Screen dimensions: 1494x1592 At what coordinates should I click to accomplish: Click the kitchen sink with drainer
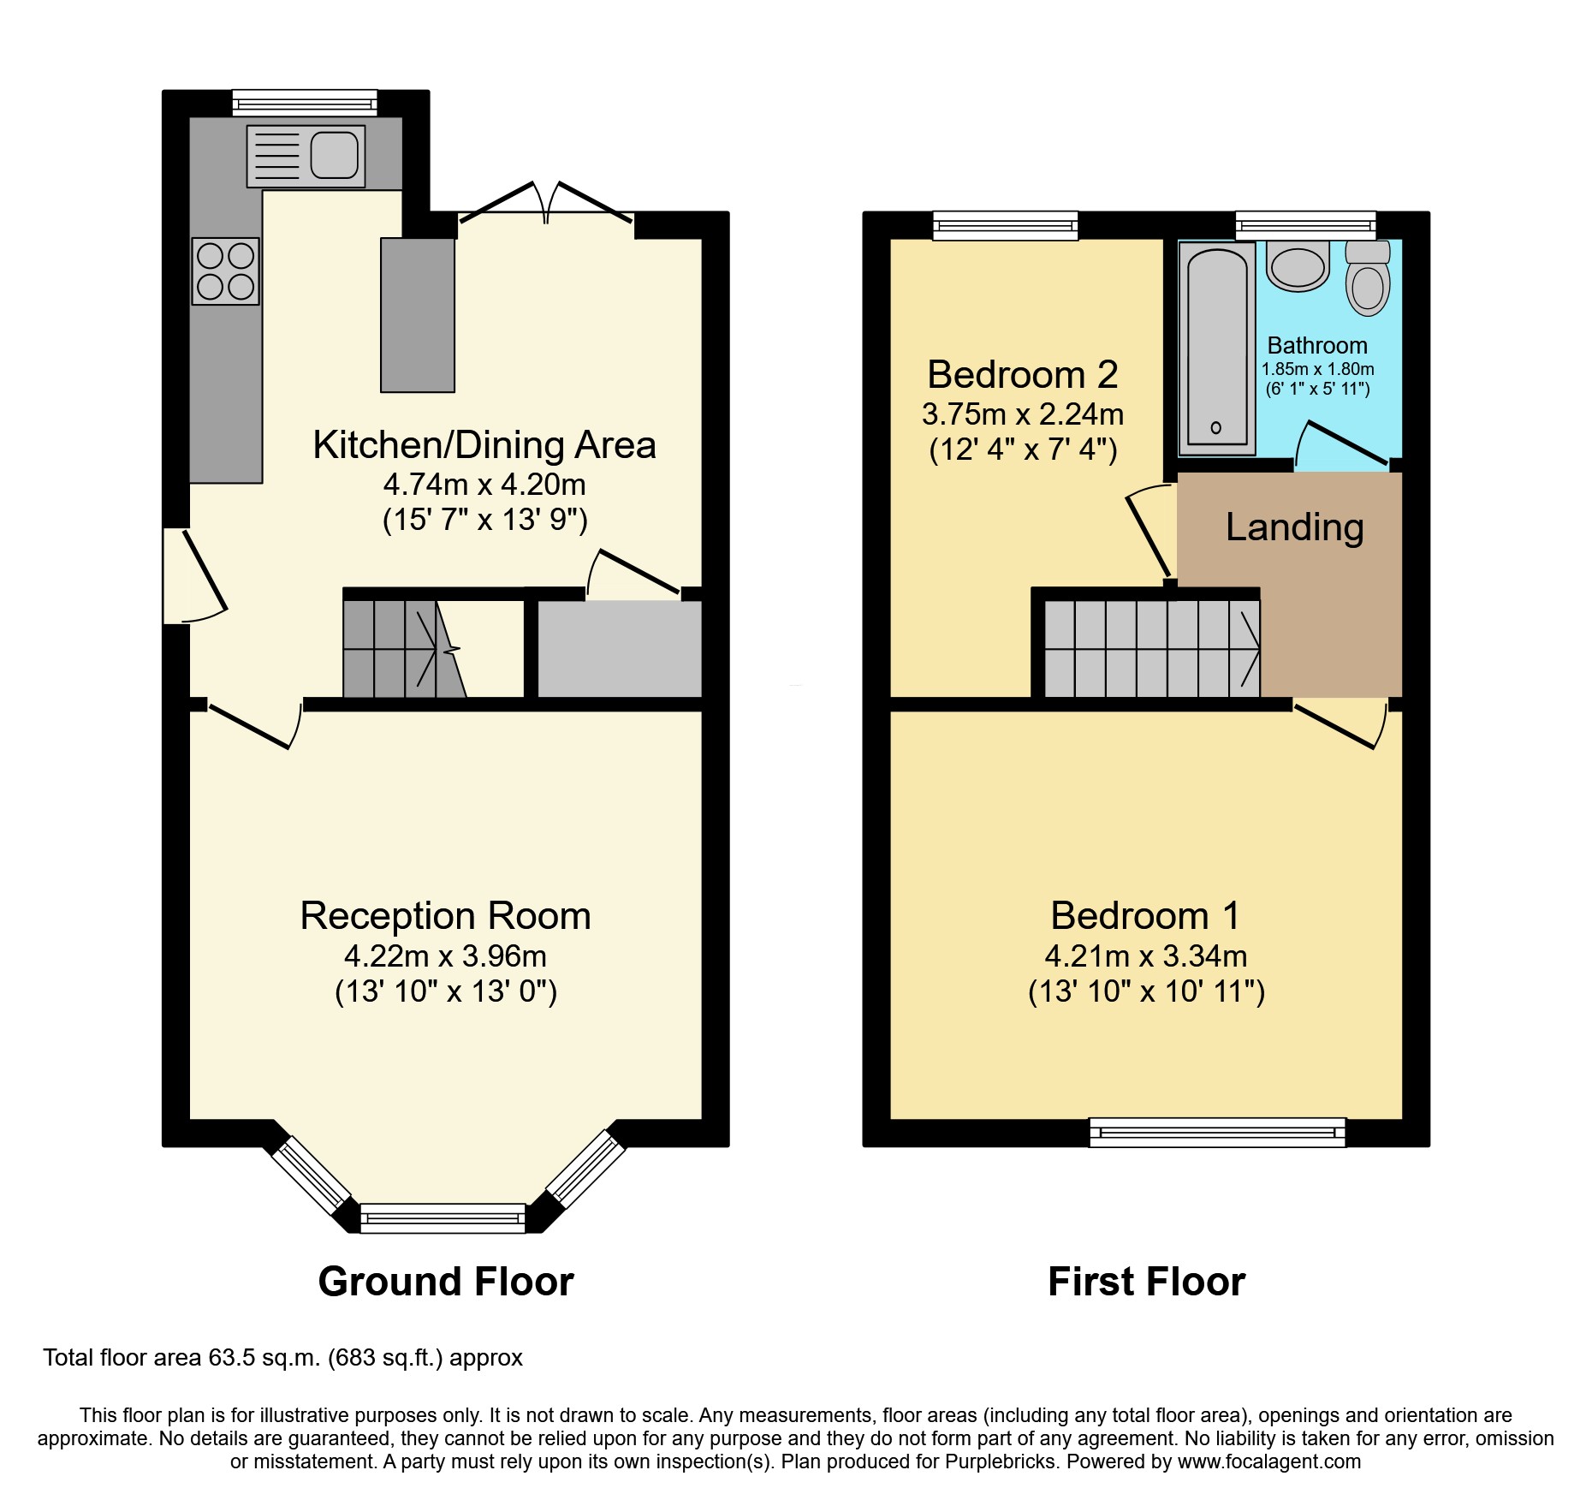point(306,156)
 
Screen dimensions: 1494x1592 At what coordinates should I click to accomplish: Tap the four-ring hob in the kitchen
point(225,271)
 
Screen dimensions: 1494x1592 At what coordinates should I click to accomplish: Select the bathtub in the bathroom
point(1216,348)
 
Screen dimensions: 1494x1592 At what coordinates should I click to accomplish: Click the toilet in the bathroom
point(1367,279)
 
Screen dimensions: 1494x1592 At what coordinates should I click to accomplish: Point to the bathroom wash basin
point(1298,265)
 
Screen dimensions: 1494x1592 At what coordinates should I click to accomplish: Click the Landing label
point(1293,527)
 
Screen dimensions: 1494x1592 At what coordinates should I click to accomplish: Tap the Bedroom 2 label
point(1022,375)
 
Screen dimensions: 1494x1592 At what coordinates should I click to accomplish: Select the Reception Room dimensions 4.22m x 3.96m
point(445,955)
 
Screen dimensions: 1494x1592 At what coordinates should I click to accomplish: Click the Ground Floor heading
point(445,1282)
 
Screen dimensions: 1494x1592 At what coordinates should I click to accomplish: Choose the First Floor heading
point(1145,1282)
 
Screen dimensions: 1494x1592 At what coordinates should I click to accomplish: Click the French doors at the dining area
point(546,205)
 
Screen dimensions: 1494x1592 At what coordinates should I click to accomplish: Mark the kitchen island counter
point(417,315)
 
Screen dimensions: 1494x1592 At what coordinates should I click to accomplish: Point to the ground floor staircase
point(402,649)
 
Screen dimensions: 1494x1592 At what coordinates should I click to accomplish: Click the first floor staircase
point(1151,649)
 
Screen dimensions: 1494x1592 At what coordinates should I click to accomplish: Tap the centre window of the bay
point(443,1217)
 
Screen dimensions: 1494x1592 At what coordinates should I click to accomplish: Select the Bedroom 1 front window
point(1216,1133)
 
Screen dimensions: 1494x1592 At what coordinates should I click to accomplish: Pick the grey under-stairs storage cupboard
point(620,649)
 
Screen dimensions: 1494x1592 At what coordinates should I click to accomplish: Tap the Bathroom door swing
point(1341,445)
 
